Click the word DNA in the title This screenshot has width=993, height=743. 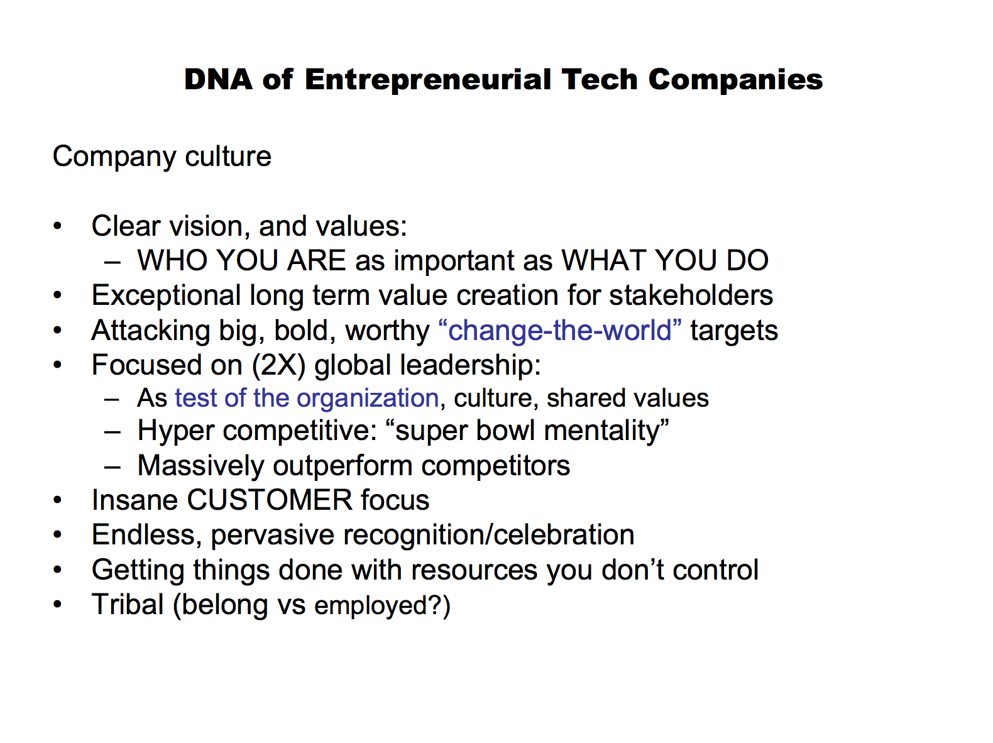(x=218, y=80)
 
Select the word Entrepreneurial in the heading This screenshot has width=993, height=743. (x=427, y=80)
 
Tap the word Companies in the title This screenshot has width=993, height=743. (x=735, y=80)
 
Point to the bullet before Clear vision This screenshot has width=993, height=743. (x=57, y=225)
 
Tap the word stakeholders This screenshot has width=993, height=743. (x=691, y=295)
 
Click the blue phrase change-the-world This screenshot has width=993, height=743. (x=559, y=330)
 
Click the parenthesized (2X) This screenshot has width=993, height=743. (x=278, y=365)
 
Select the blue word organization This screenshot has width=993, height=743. (x=367, y=399)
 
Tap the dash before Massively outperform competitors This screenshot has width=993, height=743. (x=112, y=466)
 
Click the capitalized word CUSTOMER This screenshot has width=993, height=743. (x=269, y=500)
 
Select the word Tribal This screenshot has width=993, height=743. (x=128, y=604)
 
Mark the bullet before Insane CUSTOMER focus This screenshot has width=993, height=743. (x=57, y=500)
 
